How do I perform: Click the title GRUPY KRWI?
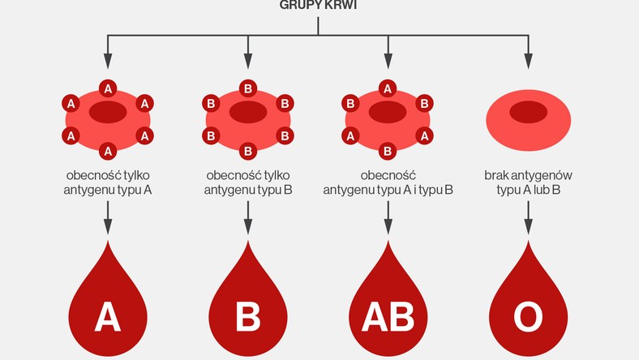pos(318,5)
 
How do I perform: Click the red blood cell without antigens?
pos(528,119)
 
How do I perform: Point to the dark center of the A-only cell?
pos(108,112)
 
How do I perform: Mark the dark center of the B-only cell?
pos(248,112)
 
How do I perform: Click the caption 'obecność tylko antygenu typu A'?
pos(108,182)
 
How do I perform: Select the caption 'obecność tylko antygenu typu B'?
pos(248,182)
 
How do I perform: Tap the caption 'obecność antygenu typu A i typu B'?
pos(388,182)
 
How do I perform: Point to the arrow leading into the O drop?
pos(528,218)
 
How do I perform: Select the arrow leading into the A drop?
pos(108,218)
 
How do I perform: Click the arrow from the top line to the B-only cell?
pos(248,54)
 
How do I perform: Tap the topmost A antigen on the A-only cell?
pos(108,88)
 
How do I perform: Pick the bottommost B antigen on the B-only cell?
pos(248,151)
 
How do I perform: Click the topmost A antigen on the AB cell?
pos(388,88)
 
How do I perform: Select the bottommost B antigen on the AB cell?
pos(388,151)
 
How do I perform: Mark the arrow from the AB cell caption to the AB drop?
pos(388,218)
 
